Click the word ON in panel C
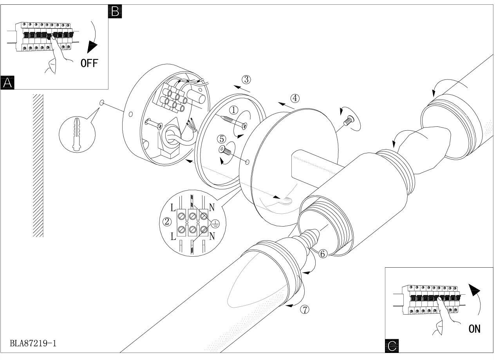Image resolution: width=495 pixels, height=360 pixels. coord(474,328)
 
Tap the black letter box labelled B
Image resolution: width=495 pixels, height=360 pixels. coord(115,12)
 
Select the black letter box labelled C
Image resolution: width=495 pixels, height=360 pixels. coord(392,346)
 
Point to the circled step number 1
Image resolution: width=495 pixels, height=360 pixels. coord(233,110)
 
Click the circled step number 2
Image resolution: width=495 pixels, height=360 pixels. coord(167,222)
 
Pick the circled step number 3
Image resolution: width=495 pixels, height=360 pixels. coord(246,79)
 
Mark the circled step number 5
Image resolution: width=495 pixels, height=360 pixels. coord(222,139)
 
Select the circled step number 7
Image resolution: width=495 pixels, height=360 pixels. coord(305,309)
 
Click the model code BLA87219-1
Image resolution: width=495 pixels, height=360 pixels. coord(34,344)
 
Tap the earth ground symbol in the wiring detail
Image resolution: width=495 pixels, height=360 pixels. coord(215,224)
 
